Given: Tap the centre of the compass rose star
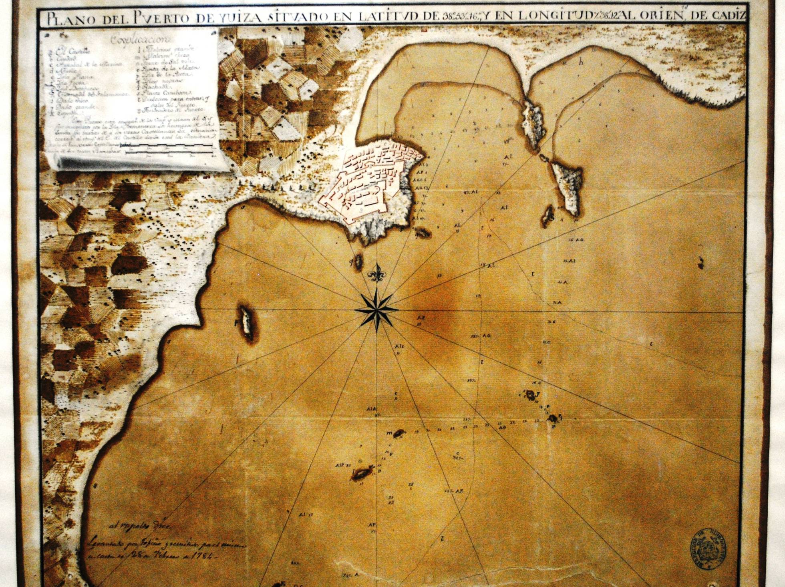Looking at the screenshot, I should point(376,310).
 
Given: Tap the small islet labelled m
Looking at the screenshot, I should point(399,433).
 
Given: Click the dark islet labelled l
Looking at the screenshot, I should point(362,474).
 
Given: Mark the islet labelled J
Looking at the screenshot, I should point(531,395).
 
